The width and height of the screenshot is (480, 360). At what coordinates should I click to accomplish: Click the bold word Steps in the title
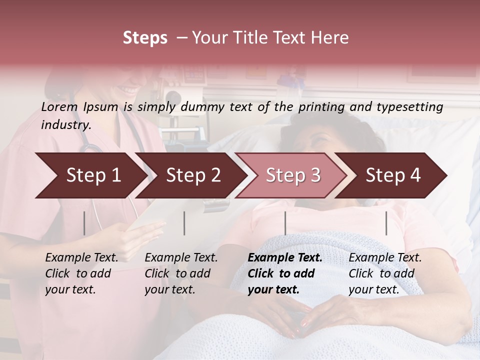[145, 38]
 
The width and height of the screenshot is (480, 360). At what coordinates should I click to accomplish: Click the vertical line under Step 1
[84, 223]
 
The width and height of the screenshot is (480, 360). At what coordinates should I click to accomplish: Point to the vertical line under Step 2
[184, 223]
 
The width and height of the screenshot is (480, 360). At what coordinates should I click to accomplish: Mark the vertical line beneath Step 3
[285, 223]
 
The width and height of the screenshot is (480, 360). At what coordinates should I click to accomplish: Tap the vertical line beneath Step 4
[386, 223]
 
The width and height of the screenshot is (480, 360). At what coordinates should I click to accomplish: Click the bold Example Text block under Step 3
[285, 273]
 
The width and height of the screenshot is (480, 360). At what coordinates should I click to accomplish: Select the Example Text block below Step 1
[81, 273]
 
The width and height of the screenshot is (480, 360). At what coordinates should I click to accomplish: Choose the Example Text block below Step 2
[181, 273]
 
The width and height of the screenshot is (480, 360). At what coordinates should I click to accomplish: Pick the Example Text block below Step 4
[385, 273]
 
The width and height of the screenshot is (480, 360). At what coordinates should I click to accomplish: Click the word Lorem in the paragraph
[59, 106]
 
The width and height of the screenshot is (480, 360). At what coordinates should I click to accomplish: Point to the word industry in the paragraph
[65, 124]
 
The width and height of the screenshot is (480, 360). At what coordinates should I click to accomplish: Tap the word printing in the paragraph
[322, 106]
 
